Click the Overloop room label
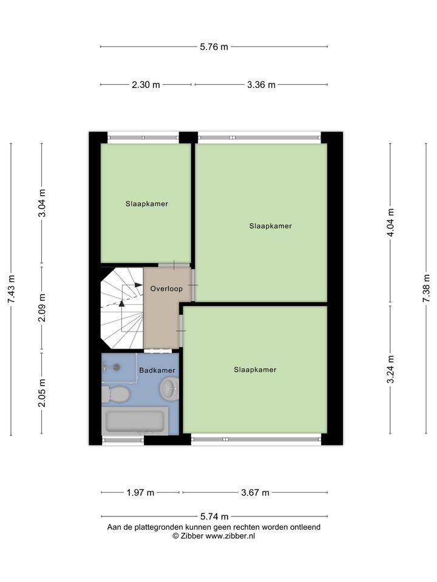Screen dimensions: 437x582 click(166, 289)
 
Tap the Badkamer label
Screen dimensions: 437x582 click(157, 370)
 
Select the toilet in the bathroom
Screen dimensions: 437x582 click(115, 394)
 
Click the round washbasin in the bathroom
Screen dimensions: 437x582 click(169, 388)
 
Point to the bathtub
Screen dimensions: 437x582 click(135, 421)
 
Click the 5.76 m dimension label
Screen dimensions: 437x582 click(214, 47)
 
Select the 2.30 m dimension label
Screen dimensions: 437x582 click(146, 85)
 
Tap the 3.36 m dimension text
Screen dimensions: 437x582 click(261, 85)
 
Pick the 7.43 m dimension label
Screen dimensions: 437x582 click(11, 289)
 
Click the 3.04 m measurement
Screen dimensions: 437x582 click(42, 203)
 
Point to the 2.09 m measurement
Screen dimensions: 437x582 click(42, 308)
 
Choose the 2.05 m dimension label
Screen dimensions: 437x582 click(42, 393)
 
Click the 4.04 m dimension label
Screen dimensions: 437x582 click(390, 222)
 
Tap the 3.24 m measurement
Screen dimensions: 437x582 click(390, 370)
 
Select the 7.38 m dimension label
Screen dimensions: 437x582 click(426, 289)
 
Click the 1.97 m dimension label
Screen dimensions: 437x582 click(140, 492)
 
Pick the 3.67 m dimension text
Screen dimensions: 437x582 click(255, 492)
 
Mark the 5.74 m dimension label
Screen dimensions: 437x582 click(214, 517)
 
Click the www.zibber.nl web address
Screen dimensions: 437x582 click(230, 535)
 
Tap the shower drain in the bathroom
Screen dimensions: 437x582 click(117, 367)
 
